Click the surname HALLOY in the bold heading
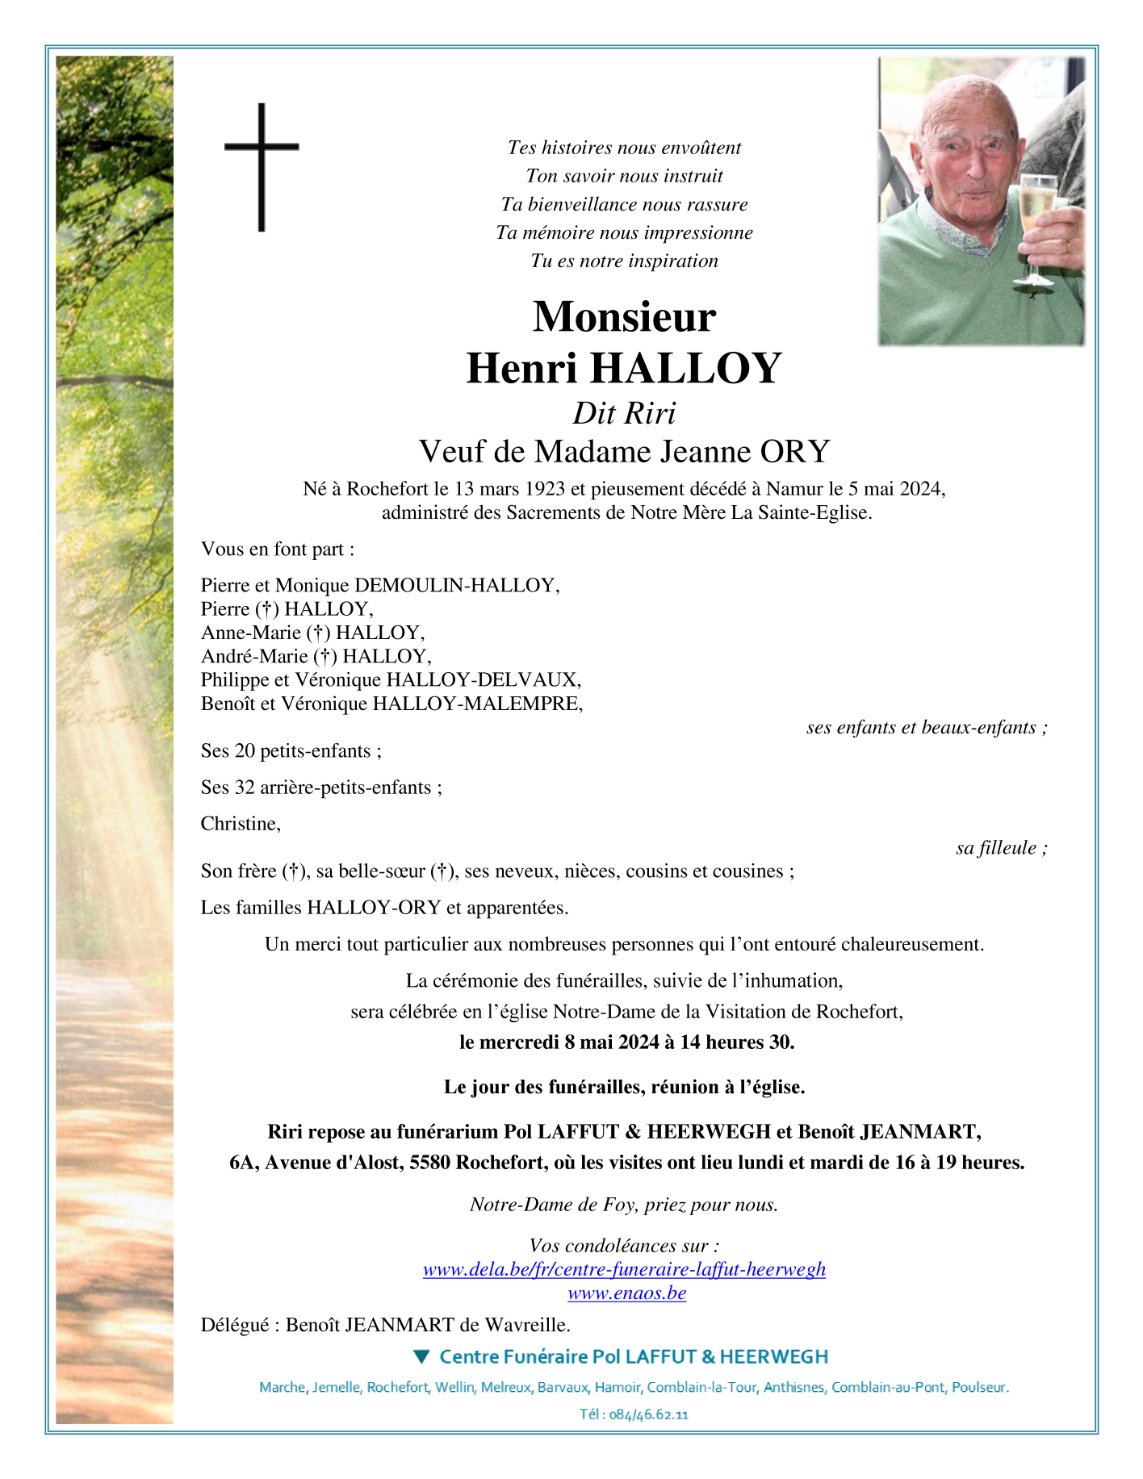pyautogui.click(x=686, y=368)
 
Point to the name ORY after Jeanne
pyautogui.click(x=794, y=452)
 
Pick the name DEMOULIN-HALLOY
pyautogui.click(x=456, y=585)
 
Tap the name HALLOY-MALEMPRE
pyautogui.click(x=476, y=704)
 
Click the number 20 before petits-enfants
pyautogui.click(x=245, y=751)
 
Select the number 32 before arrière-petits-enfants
pyautogui.click(x=245, y=788)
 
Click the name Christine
pyautogui.click(x=240, y=824)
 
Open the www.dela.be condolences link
pyautogui.click(x=624, y=1269)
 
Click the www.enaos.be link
pyautogui.click(x=626, y=1293)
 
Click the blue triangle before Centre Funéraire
pyautogui.click(x=421, y=1356)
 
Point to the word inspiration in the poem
pyautogui.click(x=673, y=261)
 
